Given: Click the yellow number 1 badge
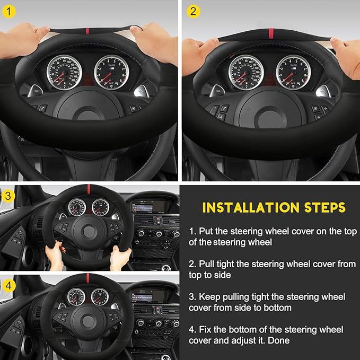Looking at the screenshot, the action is click(x=8, y=11).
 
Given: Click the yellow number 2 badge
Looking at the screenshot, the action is click(x=194, y=11).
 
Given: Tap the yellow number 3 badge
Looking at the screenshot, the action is click(x=8, y=196).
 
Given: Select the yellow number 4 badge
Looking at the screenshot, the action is click(x=8, y=285).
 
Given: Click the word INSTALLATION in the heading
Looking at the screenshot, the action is click(x=251, y=207).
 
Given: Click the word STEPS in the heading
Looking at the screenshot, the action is click(x=325, y=207).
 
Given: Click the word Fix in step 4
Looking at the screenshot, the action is click(x=205, y=329).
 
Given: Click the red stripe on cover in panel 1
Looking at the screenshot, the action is click(x=87, y=31).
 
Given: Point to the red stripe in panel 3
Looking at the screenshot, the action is click(x=89, y=189).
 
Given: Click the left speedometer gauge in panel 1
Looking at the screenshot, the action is click(x=64, y=72).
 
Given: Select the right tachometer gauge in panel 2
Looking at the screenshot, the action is click(x=293, y=72).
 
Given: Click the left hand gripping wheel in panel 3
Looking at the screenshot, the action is click(x=55, y=256).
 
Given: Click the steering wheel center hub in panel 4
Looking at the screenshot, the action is click(x=88, y=321).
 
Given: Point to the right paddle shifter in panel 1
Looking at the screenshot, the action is click(x=142, y=91).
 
